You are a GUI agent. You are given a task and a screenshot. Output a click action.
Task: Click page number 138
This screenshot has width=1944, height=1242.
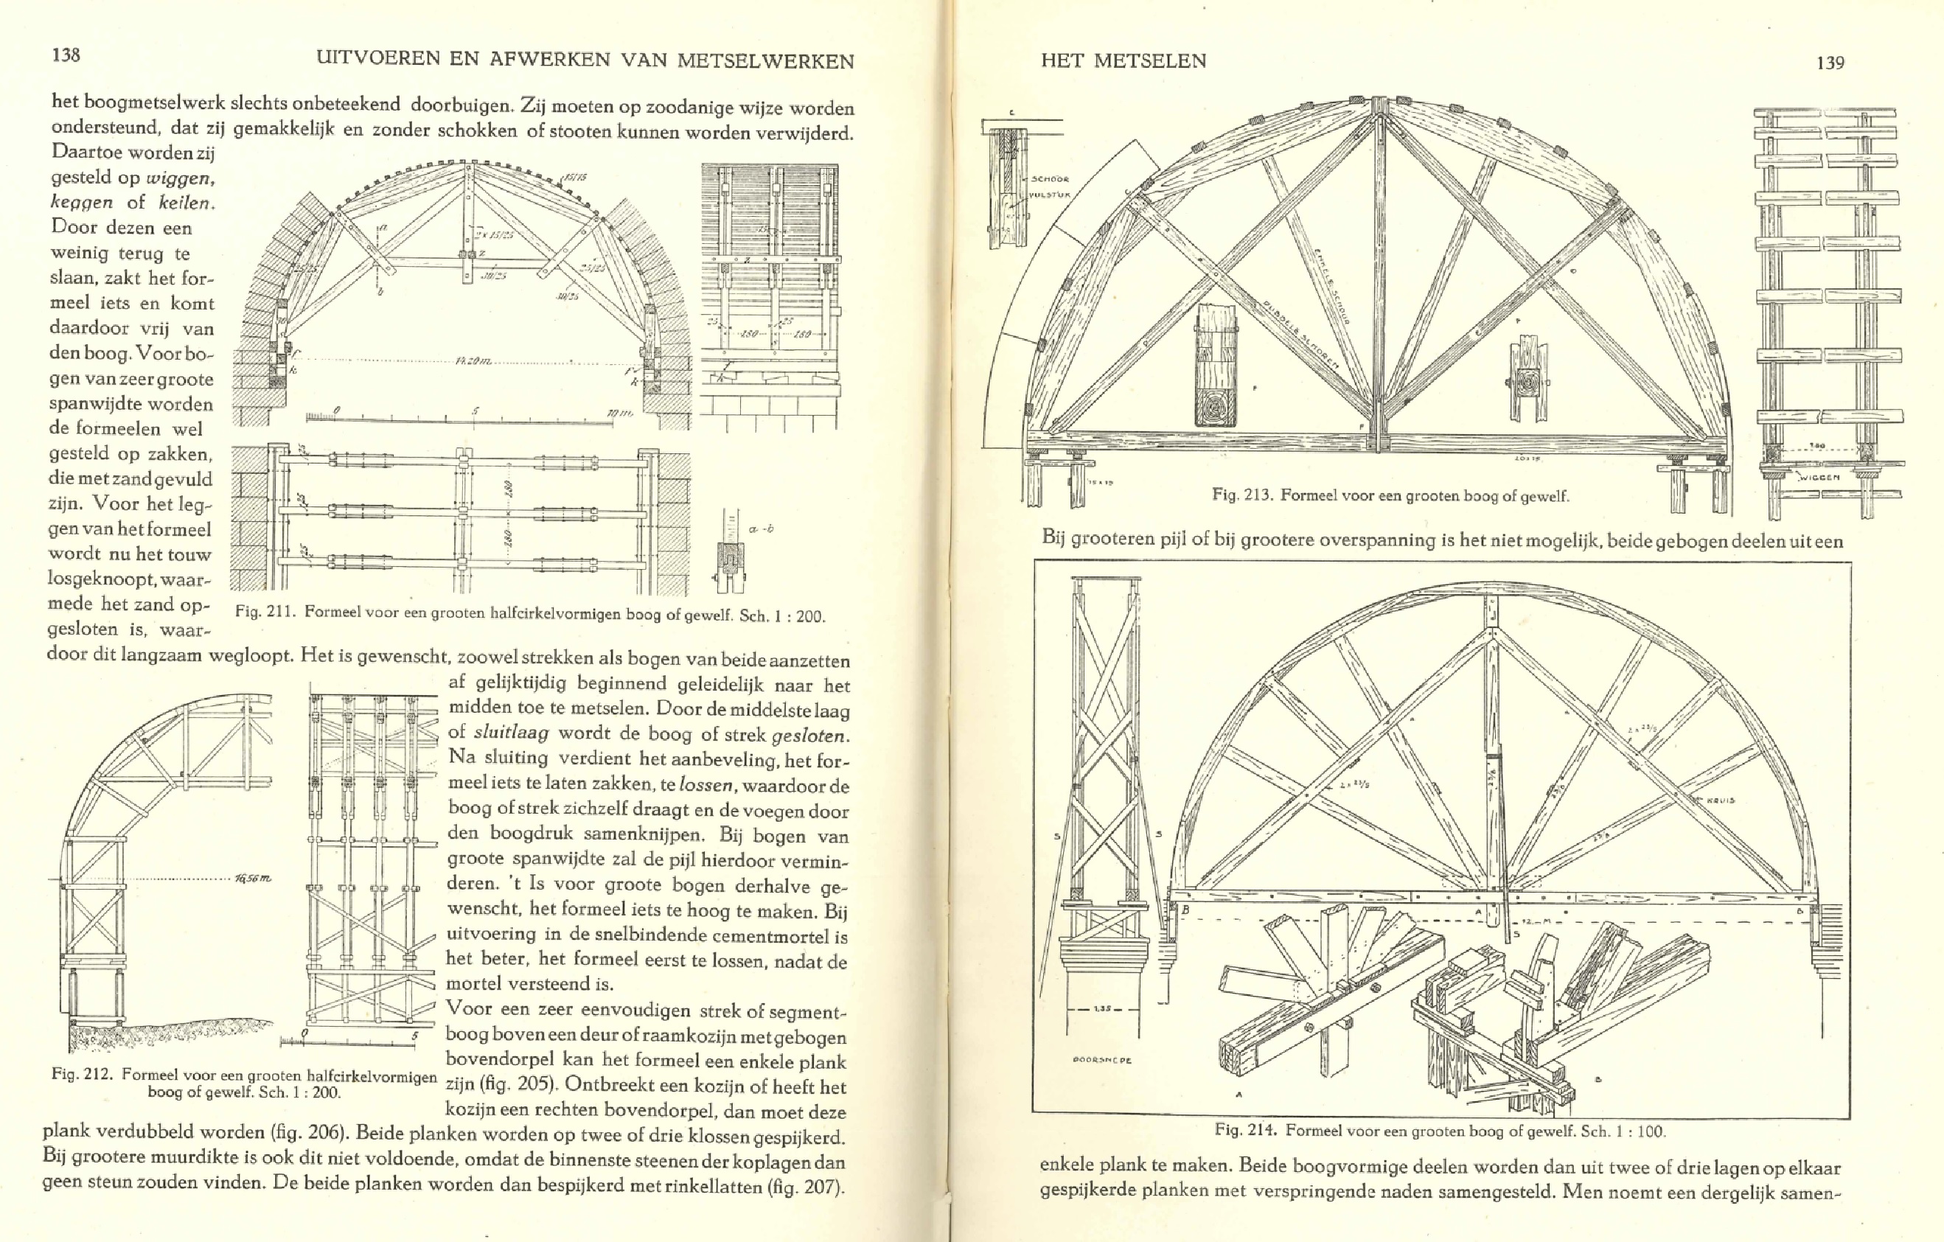(x=66, y=55)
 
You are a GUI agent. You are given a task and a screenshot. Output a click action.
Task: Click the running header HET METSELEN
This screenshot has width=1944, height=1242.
(x=1123, y=60)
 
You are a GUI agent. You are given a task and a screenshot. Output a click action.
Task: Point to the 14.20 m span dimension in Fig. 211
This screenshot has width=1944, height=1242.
(x=473, y=360)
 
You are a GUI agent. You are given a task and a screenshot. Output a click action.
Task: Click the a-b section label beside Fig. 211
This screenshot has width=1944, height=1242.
(x=761, y=529)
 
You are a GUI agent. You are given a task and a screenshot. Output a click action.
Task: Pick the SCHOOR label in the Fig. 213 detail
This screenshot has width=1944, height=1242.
(x=1050, y=179)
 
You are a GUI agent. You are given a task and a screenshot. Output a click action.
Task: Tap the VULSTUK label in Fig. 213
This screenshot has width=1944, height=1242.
(x=1050, y=194)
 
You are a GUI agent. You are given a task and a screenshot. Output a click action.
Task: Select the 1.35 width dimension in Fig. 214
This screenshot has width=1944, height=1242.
(x=1102, y=1009)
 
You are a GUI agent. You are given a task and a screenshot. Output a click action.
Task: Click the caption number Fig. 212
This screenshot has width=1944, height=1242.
(x=84, y=1075)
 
